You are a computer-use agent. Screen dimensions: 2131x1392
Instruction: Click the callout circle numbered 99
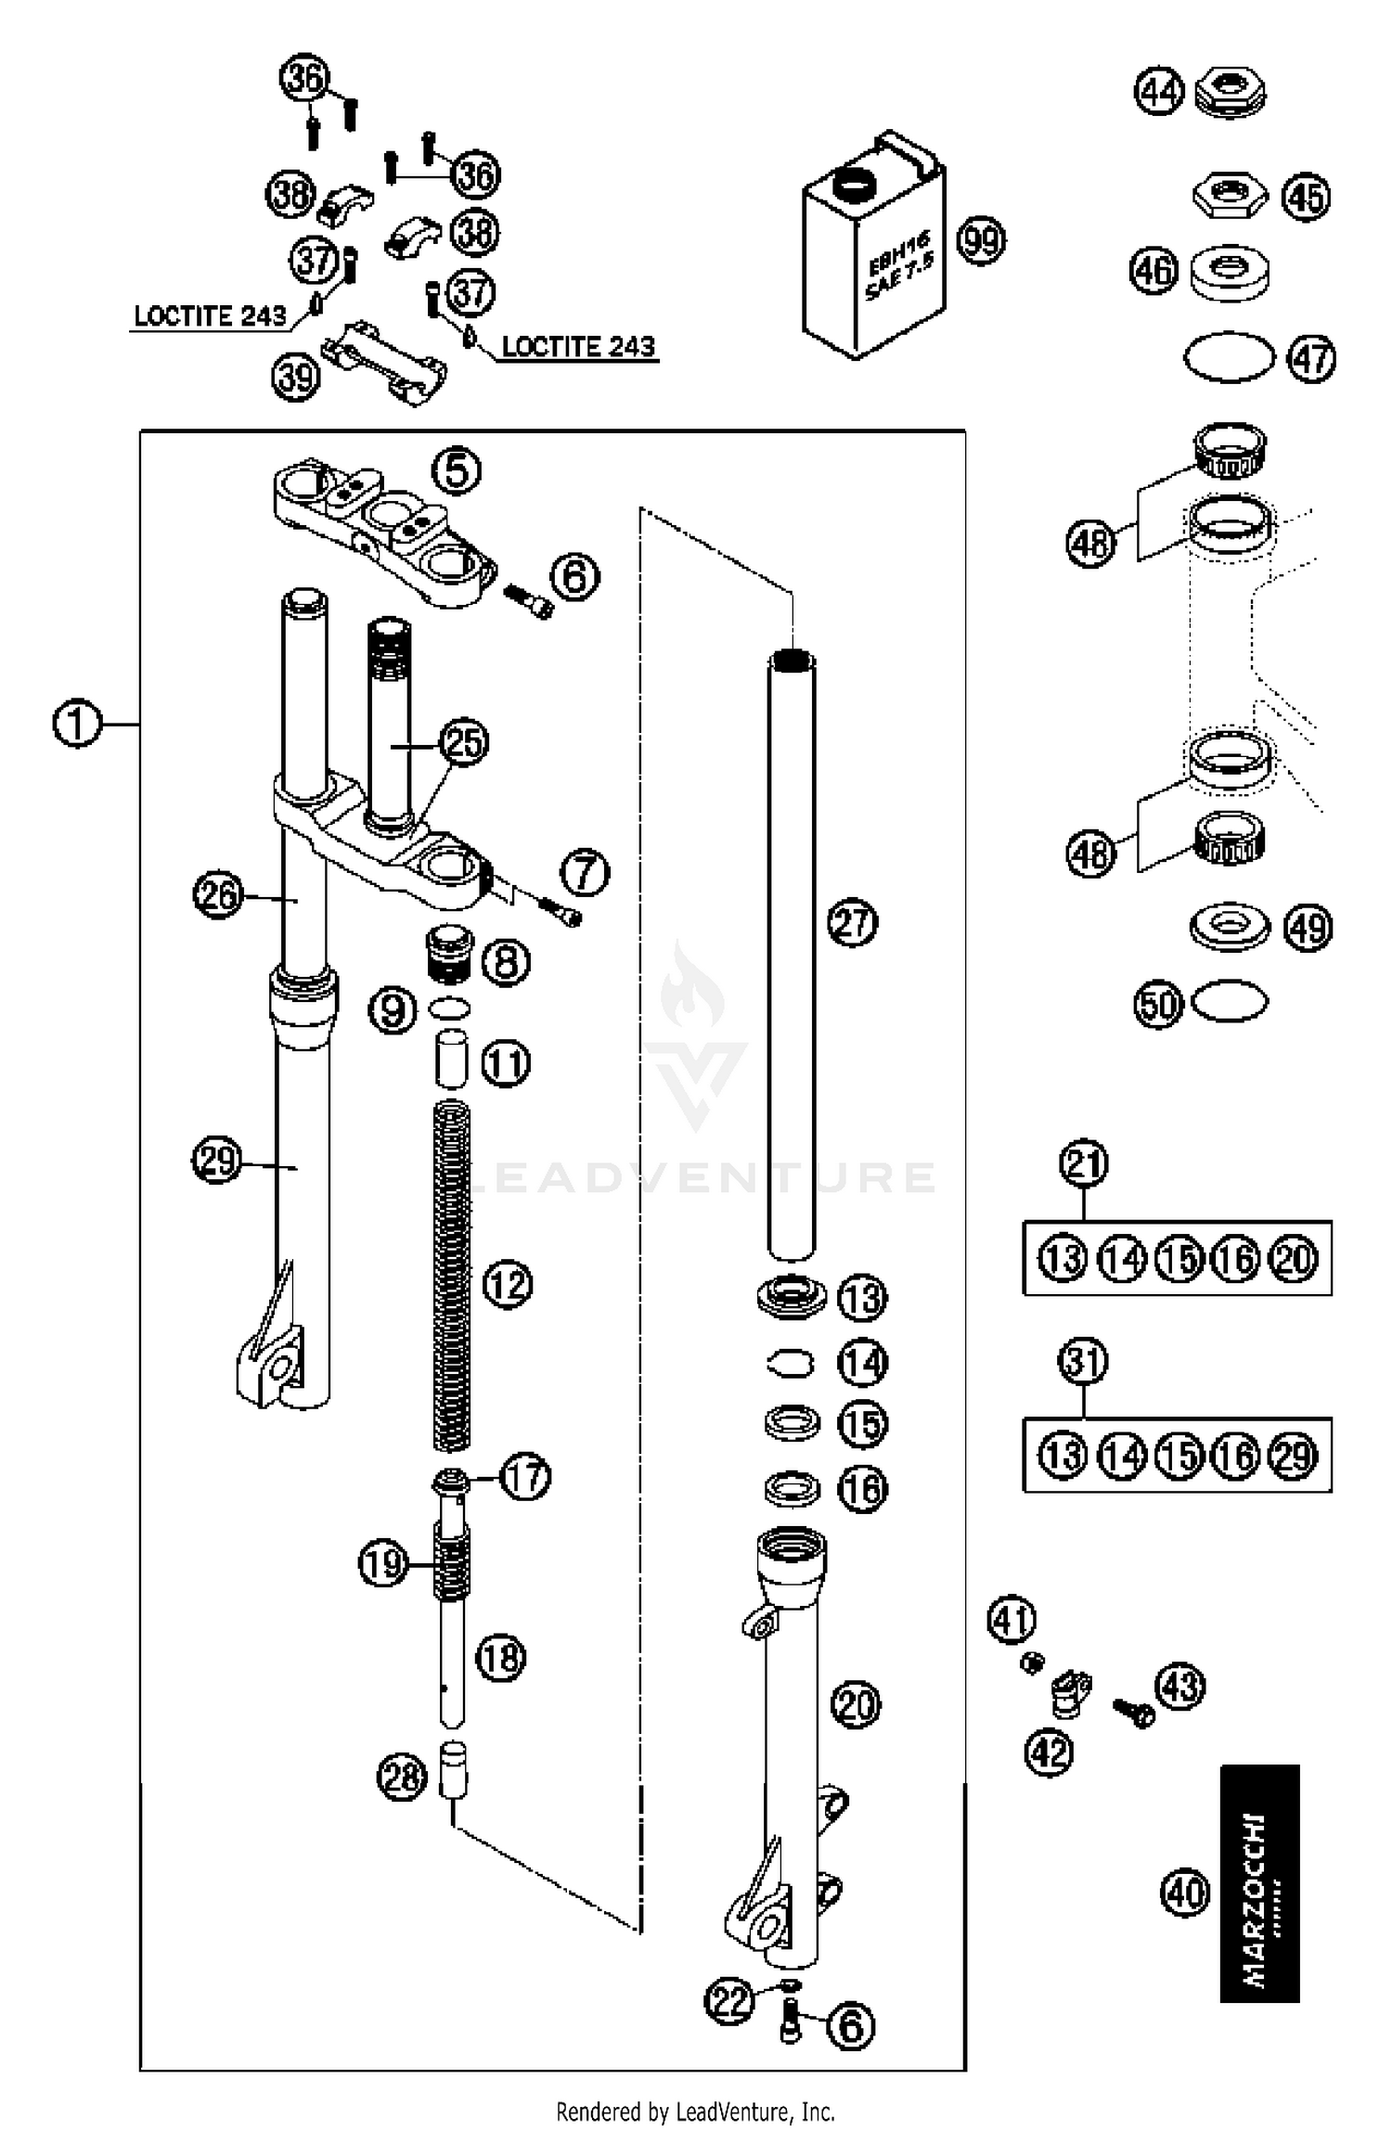[982, 241]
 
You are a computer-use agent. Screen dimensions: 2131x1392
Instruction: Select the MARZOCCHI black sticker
[1259, 1884]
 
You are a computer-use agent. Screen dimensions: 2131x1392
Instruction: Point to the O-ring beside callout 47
[1230, 357]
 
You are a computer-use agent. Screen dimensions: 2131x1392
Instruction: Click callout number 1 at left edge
[77, 724]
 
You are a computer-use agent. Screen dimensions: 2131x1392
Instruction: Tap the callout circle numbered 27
[852, 923]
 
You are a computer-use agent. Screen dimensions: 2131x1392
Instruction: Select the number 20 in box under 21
[1294, 1259]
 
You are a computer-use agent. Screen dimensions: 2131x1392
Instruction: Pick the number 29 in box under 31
[1294, 1456]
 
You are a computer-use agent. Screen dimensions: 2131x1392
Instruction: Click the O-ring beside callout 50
[1229, 1002]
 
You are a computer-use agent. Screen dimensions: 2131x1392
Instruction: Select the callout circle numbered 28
[402, 1778]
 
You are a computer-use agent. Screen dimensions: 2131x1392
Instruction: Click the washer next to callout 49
[1230, 927]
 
